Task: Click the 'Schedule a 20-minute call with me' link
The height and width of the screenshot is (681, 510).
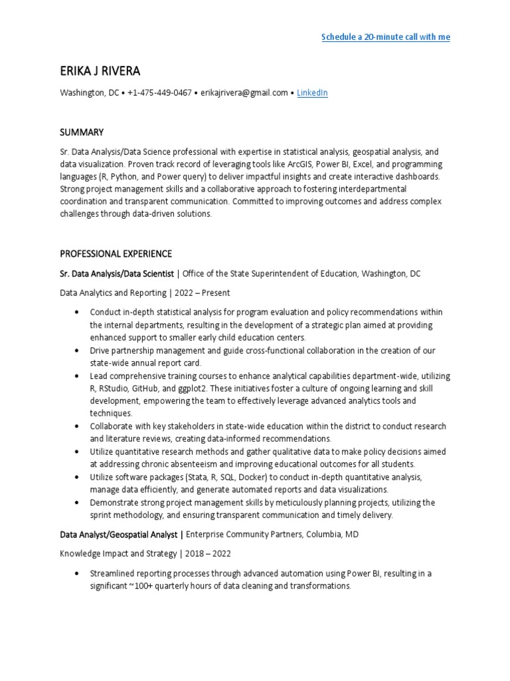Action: [385, 37]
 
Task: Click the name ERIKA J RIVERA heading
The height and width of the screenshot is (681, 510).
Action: [100, 71]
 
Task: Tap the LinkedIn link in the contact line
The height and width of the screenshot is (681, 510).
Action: [312, 93]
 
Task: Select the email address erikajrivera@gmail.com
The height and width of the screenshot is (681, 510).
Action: [244, 93]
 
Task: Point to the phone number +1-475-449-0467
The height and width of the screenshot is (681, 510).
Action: [159, 93]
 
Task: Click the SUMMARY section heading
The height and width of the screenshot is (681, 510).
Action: [82, 132]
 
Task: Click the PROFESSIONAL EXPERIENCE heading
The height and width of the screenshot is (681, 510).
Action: [116, 253]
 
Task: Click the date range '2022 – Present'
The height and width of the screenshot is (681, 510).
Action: [203, 293]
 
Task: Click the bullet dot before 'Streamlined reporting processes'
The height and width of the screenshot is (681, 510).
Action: [77, 573]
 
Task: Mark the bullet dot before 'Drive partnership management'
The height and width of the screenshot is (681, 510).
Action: [77, 350]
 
